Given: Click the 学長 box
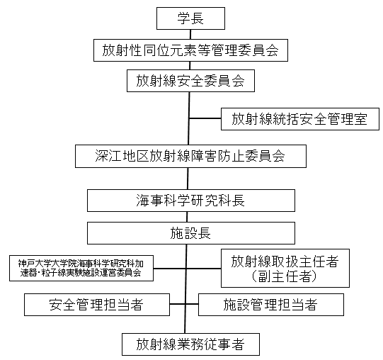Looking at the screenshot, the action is tap(190, 18).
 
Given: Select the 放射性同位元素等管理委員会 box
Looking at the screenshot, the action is tap(190, 50).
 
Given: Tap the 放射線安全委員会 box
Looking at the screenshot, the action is tap(190, 81).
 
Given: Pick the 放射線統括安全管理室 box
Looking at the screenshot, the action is tap(300, 119).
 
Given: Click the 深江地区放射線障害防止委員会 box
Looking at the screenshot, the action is tap(190, 156).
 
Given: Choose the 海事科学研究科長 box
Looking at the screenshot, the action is tap(191, 201).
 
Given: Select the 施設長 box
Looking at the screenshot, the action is tap(191, 233).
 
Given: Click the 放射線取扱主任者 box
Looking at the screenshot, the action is tap(285, 268).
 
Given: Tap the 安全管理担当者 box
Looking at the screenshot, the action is tap(97, 305).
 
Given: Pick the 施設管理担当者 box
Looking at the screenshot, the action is tap(271, 305).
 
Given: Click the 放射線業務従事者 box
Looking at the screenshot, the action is tap(190, 344).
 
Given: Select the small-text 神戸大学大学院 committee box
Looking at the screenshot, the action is tap(81, 268).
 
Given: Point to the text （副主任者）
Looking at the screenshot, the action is tap(285, 276).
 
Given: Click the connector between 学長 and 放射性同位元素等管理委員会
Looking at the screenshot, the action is tap(190, 35).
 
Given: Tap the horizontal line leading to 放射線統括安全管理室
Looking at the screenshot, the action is tap(205, 118).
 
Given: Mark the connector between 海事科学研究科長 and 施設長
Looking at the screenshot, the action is tap(187, 217).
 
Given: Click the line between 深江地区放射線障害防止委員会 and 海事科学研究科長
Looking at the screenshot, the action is tap(188, 179).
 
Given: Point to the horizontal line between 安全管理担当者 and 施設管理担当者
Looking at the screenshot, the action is tap(184, 304).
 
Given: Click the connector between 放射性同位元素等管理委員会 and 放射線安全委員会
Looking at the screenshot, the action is tap(190, 65).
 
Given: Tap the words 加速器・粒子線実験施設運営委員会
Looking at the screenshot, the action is tap(81, 273).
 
